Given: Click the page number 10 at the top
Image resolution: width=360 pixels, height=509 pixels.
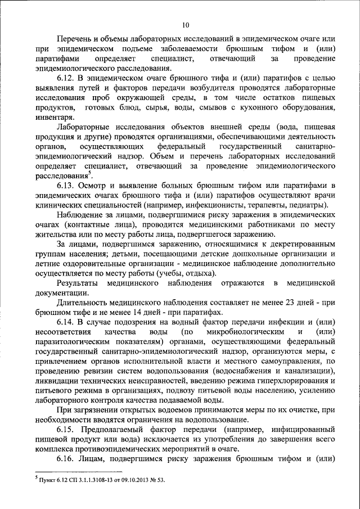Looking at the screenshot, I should (x=185, y=24).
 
